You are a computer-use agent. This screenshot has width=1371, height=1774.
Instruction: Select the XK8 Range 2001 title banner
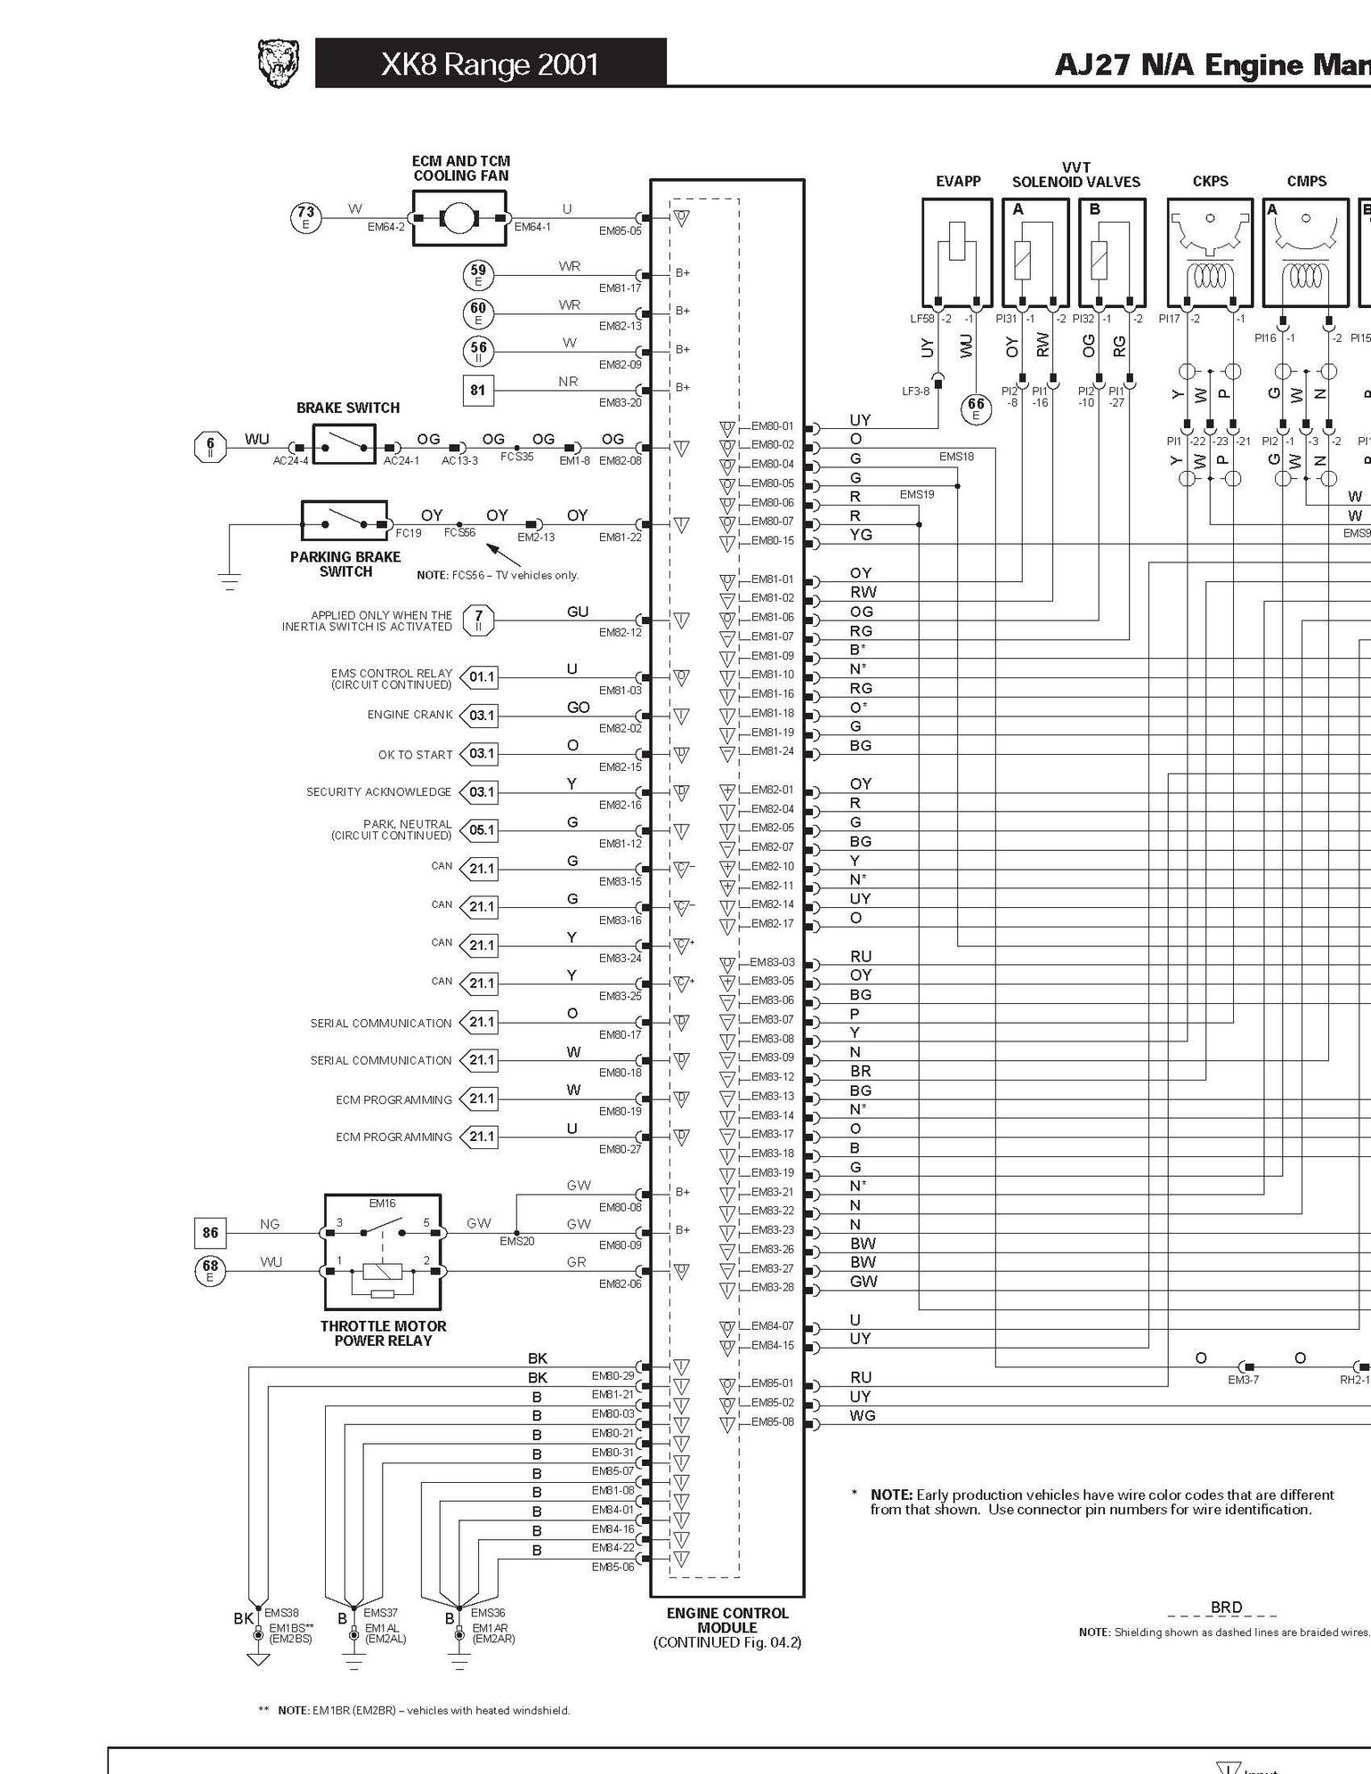point(491,63)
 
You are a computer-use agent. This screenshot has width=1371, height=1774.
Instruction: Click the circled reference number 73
point(306,216)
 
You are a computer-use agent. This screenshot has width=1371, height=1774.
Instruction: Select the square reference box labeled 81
point(478,390)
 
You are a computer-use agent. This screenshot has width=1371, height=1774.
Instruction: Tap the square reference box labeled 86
point(210,1233)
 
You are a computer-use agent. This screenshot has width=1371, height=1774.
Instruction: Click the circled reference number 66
point(977,408)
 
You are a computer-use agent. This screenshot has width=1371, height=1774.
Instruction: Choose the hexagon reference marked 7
point(479,620)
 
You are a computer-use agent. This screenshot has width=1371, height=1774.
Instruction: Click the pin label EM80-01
point(772,426)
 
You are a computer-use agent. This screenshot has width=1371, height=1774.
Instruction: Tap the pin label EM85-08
point(772,1422)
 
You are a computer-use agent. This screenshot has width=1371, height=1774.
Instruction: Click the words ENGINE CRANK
point(410,715)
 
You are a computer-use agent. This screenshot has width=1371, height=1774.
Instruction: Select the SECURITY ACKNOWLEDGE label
point(378,792)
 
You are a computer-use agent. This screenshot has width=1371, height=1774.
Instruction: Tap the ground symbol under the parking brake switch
point(230,583)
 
